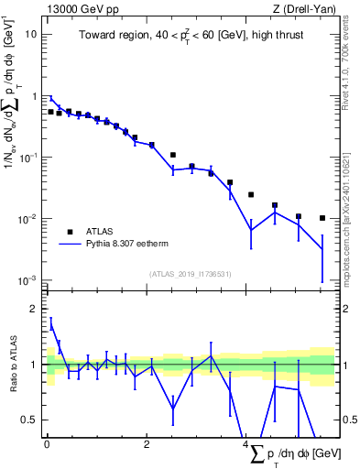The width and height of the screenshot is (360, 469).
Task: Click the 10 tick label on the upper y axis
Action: pyautogui.click(x=30, y=34)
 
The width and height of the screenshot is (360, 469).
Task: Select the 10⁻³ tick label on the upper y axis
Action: pyautogui.click(x=28, y=280)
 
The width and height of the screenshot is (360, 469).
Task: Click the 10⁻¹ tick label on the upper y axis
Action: pyautogui.click(x=28, y=158)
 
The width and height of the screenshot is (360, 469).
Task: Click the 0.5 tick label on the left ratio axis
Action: pyautogui.click(x=30, y=420)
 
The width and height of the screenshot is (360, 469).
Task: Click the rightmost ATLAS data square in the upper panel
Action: pyautogui.click(x=322, y=218)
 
